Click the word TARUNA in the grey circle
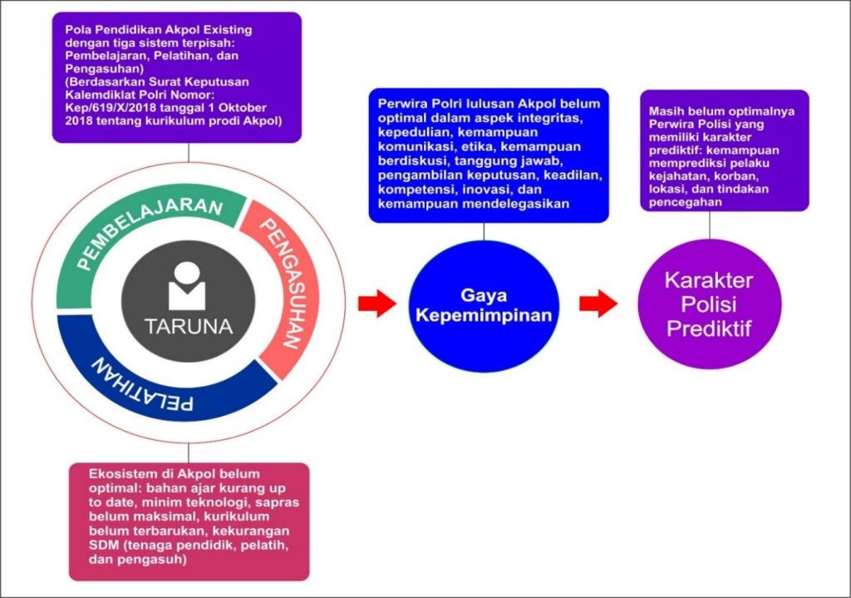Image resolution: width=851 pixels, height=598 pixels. [189, 326]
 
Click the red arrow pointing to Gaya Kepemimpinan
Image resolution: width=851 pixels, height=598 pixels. [377, 303]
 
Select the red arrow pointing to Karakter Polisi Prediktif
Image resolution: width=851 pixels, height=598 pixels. [598, 303]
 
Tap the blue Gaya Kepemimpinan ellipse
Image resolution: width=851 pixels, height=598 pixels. [484, 306]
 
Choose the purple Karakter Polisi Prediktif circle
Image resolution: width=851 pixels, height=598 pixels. [710, 304]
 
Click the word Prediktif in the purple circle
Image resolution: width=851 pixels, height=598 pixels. [710, 329]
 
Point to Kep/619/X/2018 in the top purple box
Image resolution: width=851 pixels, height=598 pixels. [107, 107]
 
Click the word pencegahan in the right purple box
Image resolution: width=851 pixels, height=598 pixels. [686, 202]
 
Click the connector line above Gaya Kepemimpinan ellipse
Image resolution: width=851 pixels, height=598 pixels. [484, 231]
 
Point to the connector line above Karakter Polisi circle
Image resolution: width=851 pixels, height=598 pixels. [710, 225]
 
